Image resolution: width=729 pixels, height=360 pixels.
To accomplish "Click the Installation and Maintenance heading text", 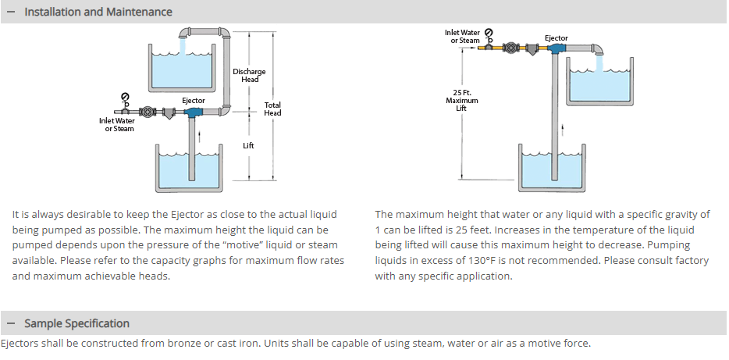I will click(x=98, y=12).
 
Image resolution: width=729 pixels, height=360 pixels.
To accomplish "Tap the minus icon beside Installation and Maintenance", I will click(x=11, y=12).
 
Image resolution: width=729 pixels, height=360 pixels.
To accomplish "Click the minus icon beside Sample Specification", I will click(x=11, y=323).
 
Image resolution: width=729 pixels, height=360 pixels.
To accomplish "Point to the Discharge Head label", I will click(x=249, y=76).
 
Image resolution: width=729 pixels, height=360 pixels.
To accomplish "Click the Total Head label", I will click(x=272, y=109).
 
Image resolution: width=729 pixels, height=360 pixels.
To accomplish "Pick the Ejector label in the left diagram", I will click(x=194, y=101).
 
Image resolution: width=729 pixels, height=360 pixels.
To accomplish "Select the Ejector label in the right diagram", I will click(x=557, y=38).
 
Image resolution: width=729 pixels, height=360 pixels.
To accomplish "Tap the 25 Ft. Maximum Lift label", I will click(x=462, y=101).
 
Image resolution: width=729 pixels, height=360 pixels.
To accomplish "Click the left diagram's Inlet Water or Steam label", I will click(x=116, y=124).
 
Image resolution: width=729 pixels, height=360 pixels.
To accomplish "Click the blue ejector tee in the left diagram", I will click(x=193, y=113).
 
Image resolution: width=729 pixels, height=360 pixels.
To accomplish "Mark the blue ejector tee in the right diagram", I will click(x=557, y=49).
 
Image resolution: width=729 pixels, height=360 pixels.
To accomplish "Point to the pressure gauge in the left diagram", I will click(x=126, y=96).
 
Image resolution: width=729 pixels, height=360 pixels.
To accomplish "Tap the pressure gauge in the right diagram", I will click(x=489, y=32).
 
